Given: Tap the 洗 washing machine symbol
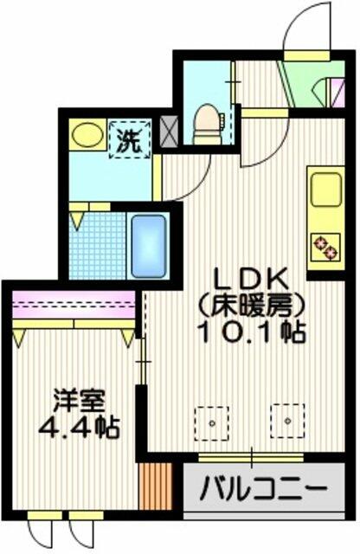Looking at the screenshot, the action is (130, 139).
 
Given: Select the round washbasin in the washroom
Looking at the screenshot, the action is (87, 135).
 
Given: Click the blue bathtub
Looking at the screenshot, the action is (149, 245).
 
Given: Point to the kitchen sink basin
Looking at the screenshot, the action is (326, 190).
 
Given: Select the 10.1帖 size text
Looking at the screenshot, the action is (252, 332).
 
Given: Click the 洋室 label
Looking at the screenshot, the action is (79, 402).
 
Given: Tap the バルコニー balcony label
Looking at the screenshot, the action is (263, 488).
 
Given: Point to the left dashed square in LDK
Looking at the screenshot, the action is (212, 423).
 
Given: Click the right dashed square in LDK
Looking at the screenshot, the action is (287, 422).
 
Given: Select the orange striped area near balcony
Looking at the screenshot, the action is (156, 486).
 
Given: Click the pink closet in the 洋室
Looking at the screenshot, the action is (74, 304).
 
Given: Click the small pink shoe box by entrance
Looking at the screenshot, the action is (338, 93).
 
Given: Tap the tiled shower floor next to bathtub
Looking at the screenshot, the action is (98, 246).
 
